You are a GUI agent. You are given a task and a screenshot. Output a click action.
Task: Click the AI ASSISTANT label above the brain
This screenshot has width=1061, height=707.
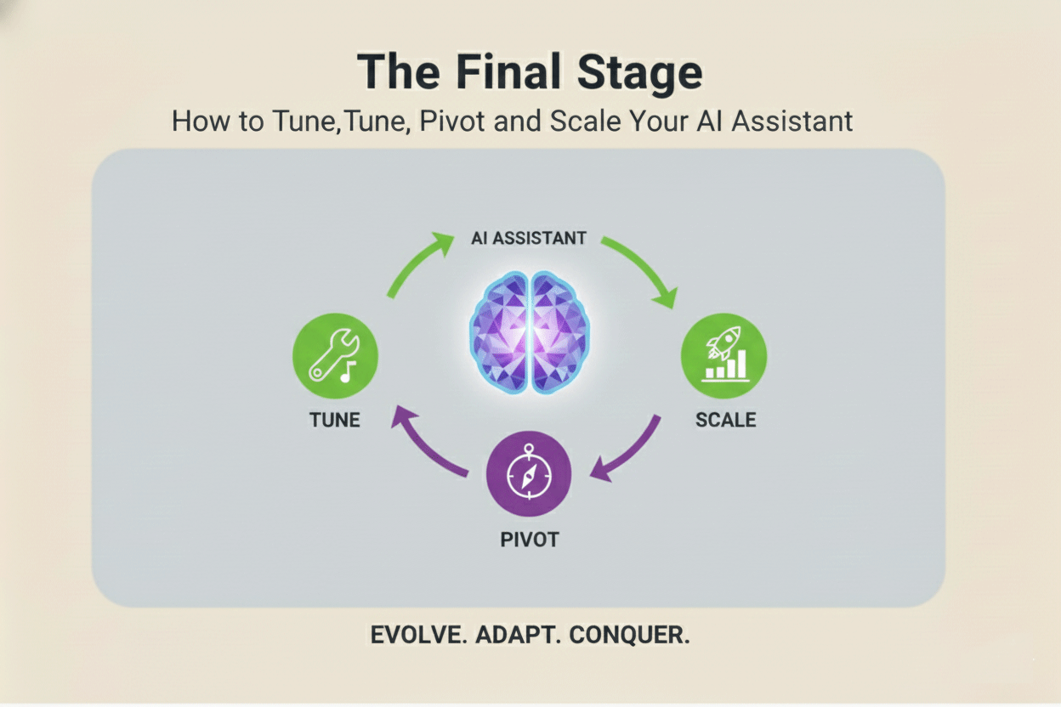coord(528,239)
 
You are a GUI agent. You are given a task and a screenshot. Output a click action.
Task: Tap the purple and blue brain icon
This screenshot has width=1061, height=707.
coord(529,332)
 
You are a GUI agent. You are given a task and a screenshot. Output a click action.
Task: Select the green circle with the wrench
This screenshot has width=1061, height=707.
coord(335,355)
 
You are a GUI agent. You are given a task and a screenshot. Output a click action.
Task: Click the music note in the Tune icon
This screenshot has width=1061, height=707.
coord(348,370)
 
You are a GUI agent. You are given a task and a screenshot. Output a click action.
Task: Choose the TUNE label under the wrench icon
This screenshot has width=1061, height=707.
coord(335,420)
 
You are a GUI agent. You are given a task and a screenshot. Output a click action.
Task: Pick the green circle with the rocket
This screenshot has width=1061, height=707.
coord(723,355)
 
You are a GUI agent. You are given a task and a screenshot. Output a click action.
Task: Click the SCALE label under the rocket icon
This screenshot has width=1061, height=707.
coord(725,420)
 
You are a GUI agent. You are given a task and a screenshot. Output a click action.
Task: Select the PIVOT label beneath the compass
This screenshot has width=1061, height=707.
coord(529,540)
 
